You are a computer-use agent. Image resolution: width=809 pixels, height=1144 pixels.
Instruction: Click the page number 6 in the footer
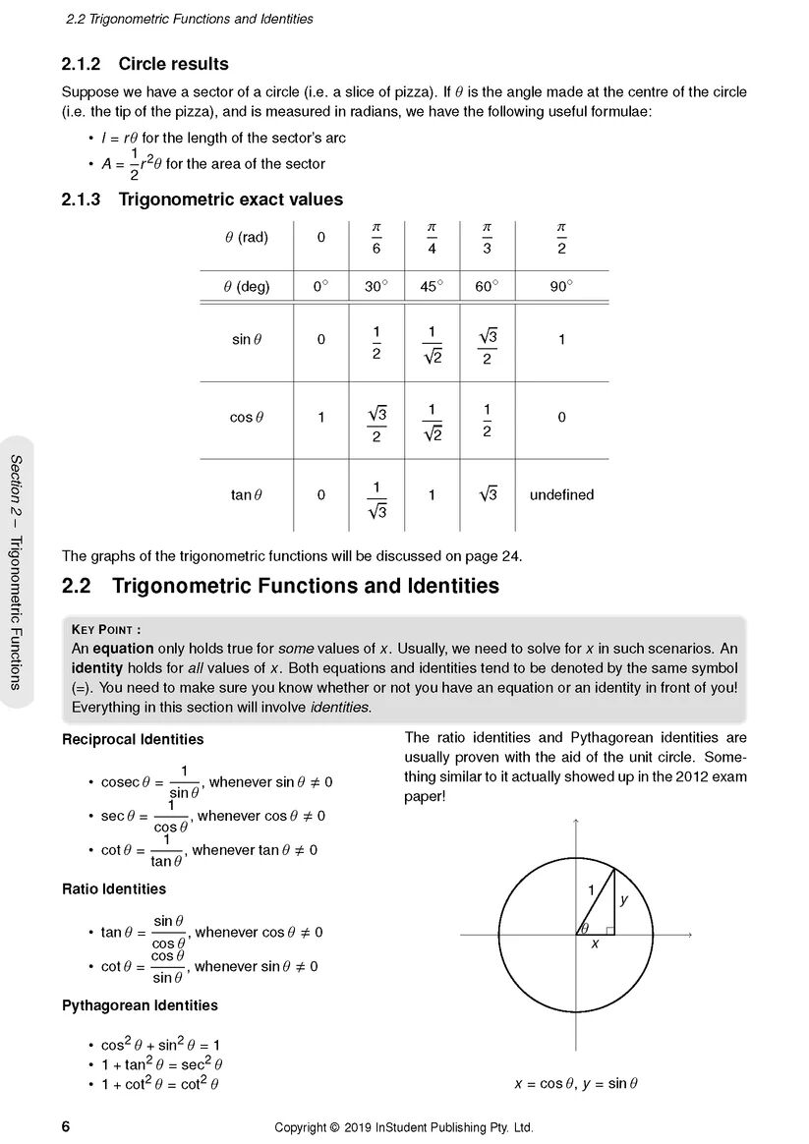point(66,1126)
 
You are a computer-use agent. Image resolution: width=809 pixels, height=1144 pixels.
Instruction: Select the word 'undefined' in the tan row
point(561,495)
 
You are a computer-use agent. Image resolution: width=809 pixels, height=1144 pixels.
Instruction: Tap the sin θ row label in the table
point(246,340)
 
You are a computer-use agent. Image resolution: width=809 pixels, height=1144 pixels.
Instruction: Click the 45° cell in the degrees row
point(432,288)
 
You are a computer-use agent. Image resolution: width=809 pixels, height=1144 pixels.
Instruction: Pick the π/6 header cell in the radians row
point(376,238)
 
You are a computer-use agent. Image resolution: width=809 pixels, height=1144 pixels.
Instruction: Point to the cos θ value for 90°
point(561,418)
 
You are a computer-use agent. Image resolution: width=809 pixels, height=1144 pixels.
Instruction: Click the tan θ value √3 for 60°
point(488,494)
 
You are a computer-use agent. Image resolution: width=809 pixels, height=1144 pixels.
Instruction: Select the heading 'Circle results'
point(173,64)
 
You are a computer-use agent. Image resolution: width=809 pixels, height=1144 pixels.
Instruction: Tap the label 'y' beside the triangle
point(623,898)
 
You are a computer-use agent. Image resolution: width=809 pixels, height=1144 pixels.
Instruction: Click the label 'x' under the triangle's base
point(595,944)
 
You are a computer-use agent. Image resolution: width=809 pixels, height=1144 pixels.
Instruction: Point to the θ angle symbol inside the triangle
point(584,928)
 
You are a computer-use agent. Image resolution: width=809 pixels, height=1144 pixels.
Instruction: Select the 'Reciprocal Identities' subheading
point(133,739)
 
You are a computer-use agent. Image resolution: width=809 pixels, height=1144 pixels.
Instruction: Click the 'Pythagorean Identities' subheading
point(140,1005)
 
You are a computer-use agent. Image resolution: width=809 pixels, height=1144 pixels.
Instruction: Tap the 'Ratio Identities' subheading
point(114,889)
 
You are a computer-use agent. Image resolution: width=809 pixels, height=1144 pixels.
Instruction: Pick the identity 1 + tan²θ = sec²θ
point(162,1064)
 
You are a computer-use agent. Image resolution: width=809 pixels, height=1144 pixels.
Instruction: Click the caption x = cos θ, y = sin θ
point(575,1084)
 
